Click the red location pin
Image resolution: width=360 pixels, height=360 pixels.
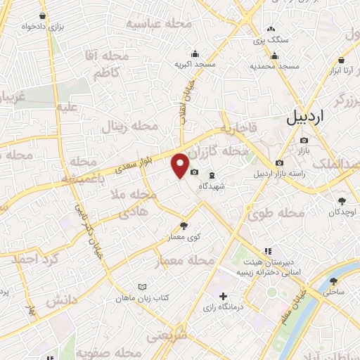pyautogui.click(x=181, y=165)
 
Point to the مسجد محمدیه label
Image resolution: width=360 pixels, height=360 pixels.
pyautogui.click(x=276, y=65)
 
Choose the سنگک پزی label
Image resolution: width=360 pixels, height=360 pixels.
pyautogui.click(x=271, y=40)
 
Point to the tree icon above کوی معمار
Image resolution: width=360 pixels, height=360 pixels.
pyautogui.click(x=184, y=225)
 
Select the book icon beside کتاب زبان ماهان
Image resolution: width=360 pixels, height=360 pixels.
pyautogui.click(x=143, y=287)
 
